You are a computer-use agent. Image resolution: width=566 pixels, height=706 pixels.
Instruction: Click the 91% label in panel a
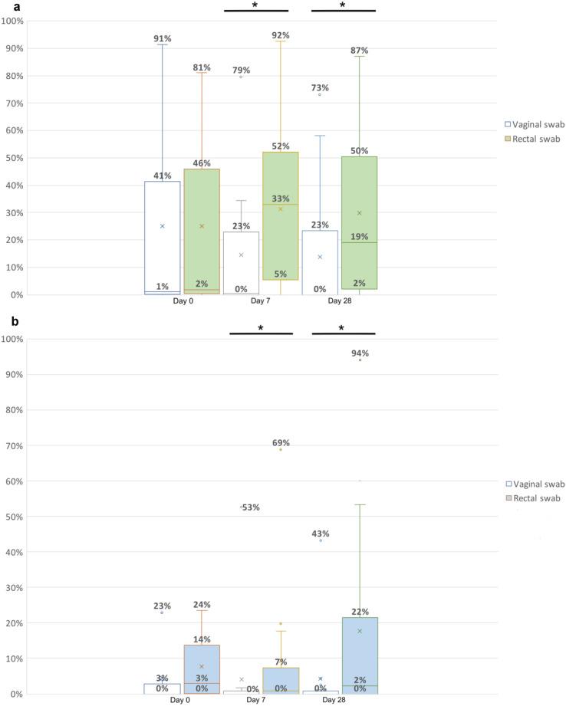coord(162,39)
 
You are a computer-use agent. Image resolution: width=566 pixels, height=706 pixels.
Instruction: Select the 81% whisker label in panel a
coord(202,67)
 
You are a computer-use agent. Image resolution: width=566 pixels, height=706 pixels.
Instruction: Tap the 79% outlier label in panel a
coord(242,71)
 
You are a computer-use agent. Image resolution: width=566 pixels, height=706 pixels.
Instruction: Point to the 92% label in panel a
coord(281,35)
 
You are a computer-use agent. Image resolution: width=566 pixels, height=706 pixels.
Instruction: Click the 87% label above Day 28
coord(360,51)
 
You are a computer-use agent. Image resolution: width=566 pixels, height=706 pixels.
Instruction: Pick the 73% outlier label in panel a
coord(320,88)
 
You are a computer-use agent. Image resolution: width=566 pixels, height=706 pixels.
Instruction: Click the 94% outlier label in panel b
coord(360,353)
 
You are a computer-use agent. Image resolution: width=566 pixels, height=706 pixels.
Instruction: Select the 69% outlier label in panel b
coord(281,443)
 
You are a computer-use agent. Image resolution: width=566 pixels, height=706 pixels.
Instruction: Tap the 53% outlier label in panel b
coord(252,507)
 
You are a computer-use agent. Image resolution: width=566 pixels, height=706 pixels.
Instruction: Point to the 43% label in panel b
coord(321,534)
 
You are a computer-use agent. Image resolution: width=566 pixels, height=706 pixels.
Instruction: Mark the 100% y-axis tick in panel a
coord(13,21)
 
